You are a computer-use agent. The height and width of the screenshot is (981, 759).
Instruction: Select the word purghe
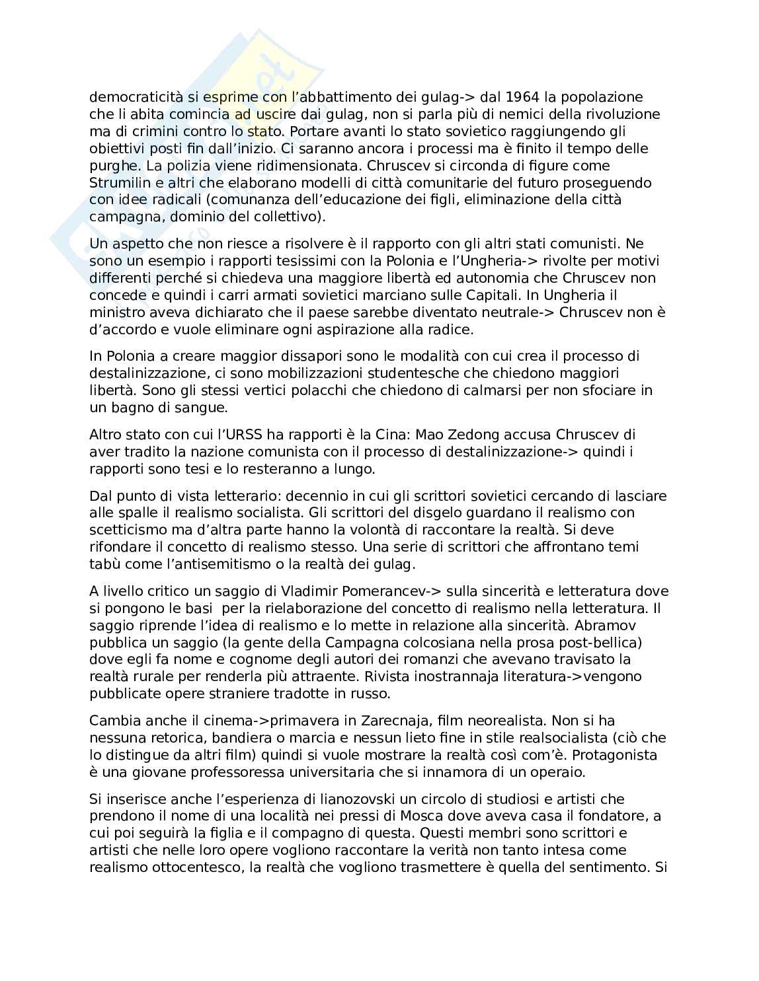(x=111, y=165)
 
